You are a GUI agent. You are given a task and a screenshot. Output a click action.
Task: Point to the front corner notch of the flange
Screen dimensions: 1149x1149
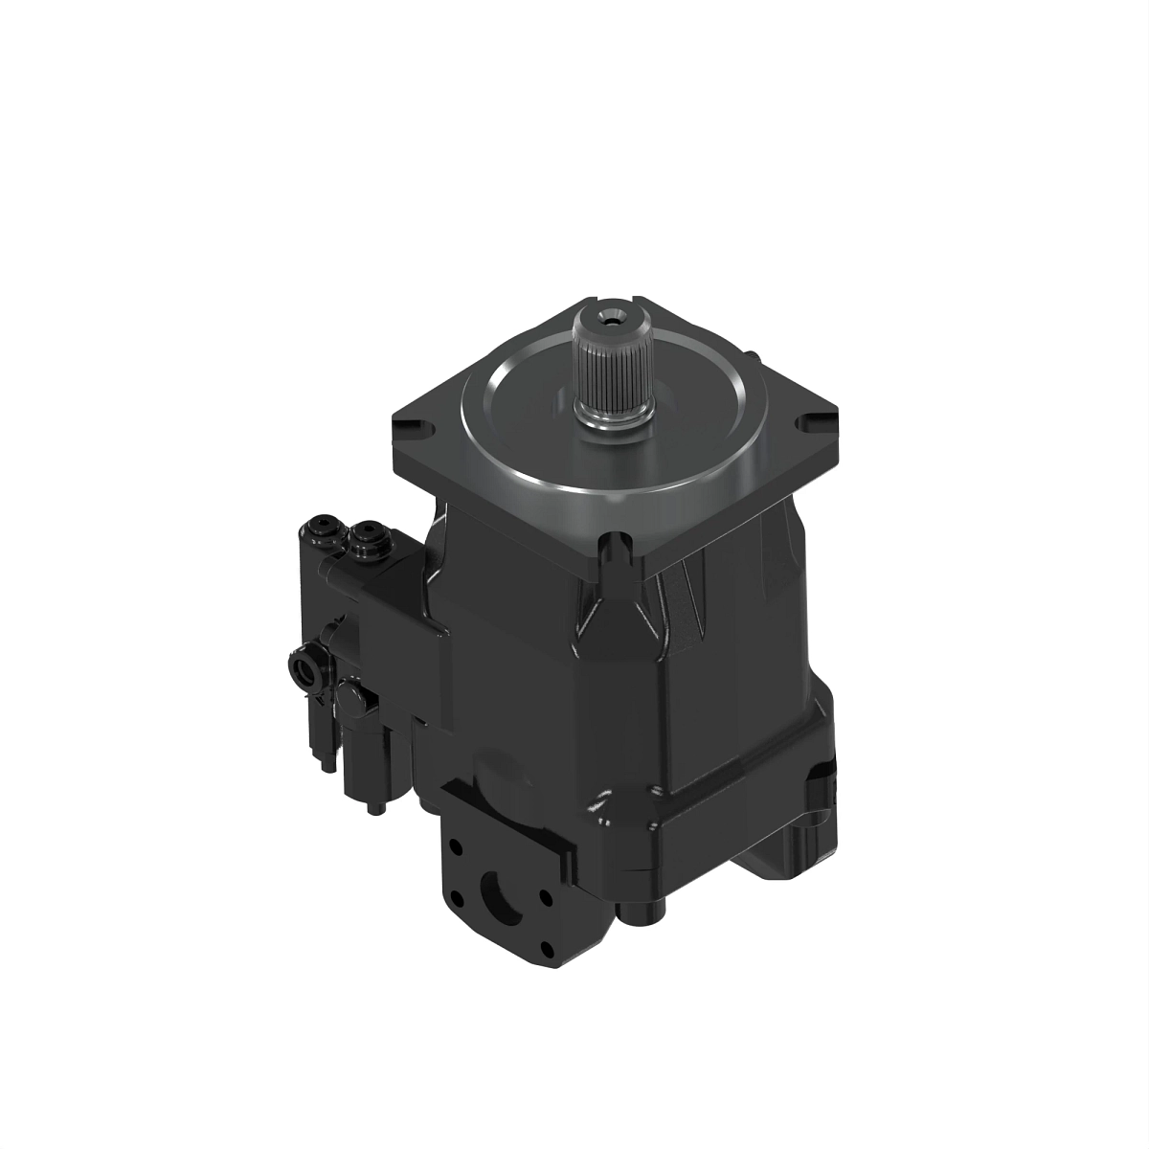(614, 549)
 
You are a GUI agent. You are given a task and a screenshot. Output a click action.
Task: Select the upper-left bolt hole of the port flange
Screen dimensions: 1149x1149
(456, 848)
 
